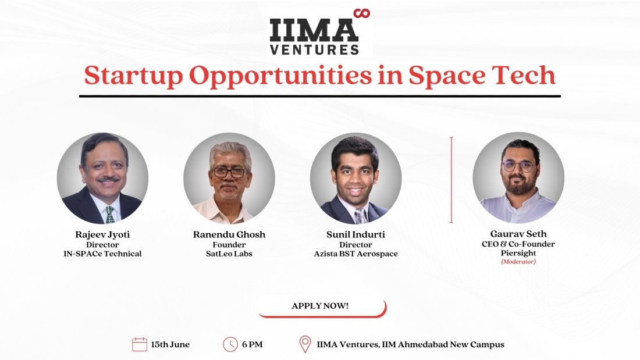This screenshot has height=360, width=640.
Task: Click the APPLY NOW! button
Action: (321, 306)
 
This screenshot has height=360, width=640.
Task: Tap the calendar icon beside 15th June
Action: (140, 344)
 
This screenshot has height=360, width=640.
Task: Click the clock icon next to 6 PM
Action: (230, 344)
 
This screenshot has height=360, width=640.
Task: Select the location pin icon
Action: (305, 344)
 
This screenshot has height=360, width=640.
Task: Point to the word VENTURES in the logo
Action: (314, 49)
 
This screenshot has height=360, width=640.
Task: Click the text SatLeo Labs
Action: (229, 254)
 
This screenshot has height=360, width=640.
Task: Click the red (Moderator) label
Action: (518, 262)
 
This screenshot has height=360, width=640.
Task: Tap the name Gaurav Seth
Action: (518, 234)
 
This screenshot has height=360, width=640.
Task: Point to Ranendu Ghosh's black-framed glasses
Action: (229, 173)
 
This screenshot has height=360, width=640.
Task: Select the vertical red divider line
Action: (451, 180)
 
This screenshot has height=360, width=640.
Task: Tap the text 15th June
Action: (170, 344)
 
